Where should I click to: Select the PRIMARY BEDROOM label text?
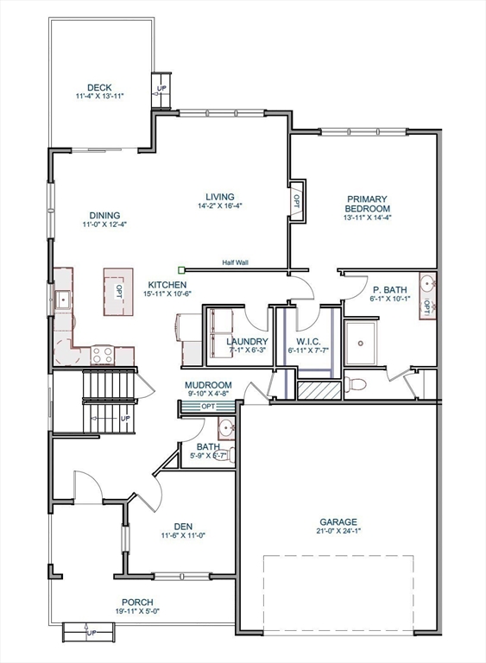368,204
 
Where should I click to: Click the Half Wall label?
235,262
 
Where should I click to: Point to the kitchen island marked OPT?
119,291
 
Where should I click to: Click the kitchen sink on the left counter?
63,300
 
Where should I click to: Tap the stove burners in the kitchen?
103,353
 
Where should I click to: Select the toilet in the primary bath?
356,384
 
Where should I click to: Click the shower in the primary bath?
368,343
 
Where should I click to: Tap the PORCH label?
137,603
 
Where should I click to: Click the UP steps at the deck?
161,89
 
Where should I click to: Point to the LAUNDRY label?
247,341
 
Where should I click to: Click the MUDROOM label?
207,385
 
